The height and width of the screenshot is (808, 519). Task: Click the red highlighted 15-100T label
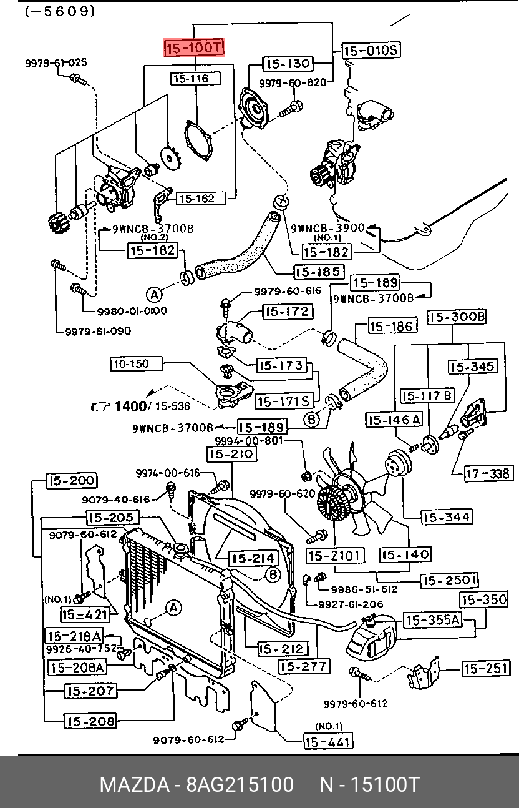click(x=193, y=47)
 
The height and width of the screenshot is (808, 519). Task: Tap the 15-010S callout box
click(x=371, y=51)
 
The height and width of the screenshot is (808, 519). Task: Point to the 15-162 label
click(x=195, y=199)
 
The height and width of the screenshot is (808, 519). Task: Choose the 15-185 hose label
click(x=319, y=272)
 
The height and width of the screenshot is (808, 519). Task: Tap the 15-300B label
click(x=457, y=317)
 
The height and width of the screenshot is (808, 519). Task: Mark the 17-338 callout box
click(x=488, y=474)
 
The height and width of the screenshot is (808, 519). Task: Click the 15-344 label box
click(x=447, y=517)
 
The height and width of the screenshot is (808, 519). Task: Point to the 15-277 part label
click(x=304, y=666)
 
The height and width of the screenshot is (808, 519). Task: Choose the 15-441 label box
click(x=328, y=742)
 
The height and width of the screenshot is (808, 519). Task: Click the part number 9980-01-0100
click(x=132, y=310)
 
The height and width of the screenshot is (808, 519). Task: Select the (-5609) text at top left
click(x=61, y=11)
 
